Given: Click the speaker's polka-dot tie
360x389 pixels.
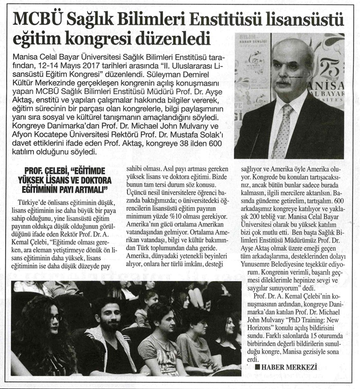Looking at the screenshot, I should [x=283, y=131].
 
